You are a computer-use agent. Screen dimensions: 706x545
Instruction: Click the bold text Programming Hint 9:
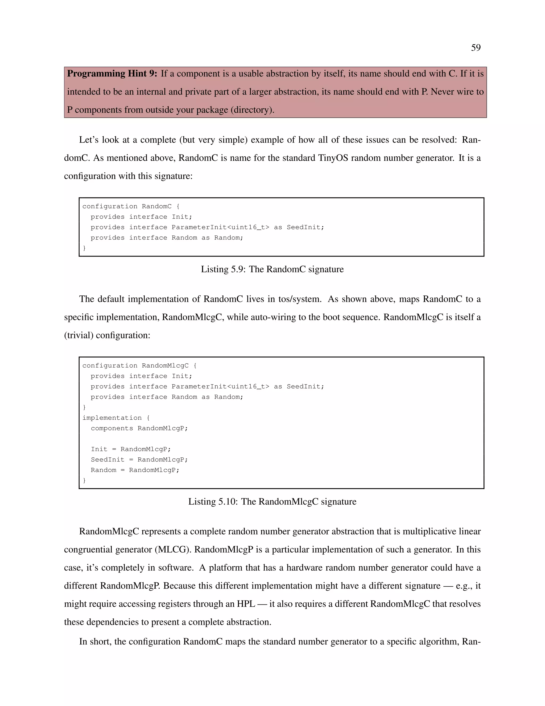112,74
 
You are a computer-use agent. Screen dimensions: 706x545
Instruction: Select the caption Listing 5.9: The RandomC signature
272,269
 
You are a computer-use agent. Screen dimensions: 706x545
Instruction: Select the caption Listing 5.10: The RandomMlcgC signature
272,501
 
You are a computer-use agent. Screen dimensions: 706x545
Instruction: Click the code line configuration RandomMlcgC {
139,366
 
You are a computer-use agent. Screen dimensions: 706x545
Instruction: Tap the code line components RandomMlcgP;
139,428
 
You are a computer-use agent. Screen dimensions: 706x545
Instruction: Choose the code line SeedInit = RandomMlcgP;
139,460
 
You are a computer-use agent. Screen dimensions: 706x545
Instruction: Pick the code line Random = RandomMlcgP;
135,470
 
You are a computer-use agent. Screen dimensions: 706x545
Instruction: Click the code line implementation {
116,418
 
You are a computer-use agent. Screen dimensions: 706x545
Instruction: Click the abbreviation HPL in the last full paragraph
246,604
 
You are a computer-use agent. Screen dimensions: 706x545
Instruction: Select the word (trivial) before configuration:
79,335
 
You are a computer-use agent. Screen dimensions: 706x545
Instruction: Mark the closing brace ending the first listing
85,248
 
